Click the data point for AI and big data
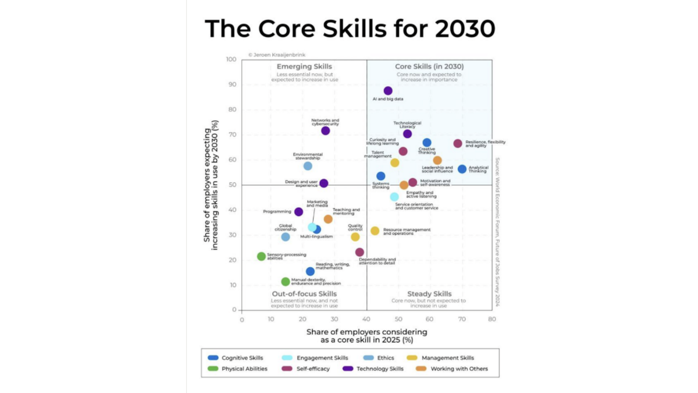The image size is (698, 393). point(388,91)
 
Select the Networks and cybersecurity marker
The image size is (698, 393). point(325,130)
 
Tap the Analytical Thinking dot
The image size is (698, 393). point(462,169)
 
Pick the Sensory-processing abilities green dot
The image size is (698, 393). point(261,256)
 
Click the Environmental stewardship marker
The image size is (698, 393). point(308,166)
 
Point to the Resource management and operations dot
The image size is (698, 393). point(375,231)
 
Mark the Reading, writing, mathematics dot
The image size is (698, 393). point(310,271)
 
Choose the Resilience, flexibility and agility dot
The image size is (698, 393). point(458,143)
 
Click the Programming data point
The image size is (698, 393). point(298,212)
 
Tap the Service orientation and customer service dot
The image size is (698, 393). point(394,197)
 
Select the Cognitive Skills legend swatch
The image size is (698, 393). point(213,358)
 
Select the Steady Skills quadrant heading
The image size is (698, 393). point(429,294)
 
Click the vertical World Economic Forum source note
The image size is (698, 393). point(498,227)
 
